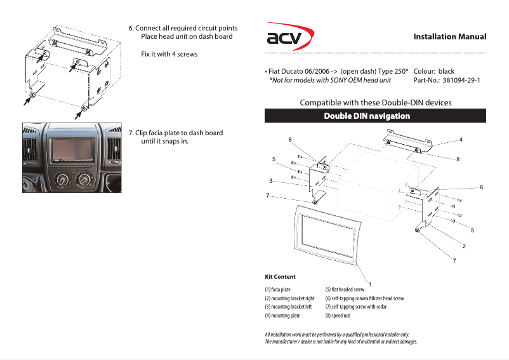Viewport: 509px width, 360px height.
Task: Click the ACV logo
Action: pyautogui.click(x=288, y=39)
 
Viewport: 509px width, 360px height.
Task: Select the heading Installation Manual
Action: pyautogui.click(x=449, y=37)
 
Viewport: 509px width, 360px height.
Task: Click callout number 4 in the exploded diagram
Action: pyautogui.click(x=461, y=139)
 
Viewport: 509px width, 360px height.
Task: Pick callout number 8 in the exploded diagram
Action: pyautogui.click(x=457, y=159)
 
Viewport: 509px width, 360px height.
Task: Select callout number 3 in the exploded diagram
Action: pyautogui.click(x=270, y=181)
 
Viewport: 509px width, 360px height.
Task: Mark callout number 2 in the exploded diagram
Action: pyautogui.click(x=464, y=246)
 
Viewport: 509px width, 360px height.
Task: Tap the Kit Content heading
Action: pyautogui.click(x=280, y=277)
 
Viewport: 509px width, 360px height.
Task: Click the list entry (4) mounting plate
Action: pyautogui.click(x=282, y=316)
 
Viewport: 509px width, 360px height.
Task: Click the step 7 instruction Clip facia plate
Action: pyautogui.click(x=176, y=133)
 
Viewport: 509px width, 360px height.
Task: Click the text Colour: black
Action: pyautogui.click(x=434, y=71)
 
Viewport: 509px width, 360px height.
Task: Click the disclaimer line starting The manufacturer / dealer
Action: pyautogui.click(x=341, y=342)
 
